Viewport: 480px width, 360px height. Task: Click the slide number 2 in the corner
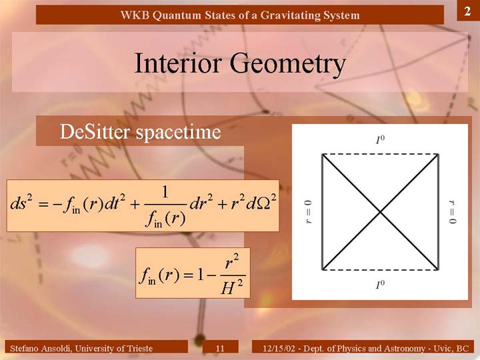point(467,11)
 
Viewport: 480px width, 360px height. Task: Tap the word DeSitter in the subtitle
point(94,132)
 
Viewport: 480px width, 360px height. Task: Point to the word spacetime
point(178,133)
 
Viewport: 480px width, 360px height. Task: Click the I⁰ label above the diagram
point(380,139)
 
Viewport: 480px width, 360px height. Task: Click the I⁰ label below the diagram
point(380,285)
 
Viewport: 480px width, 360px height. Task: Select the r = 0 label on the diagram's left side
point(309,212)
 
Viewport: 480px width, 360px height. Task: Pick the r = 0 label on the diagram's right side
point(452,212)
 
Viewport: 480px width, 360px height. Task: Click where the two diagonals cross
point(380,212)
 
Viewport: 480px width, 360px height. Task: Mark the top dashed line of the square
point(380,154)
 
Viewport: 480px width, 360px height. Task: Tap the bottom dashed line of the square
point(380,270)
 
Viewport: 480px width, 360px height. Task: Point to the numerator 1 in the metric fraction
point(165,192)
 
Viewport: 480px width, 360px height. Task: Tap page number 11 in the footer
point(220,348)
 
